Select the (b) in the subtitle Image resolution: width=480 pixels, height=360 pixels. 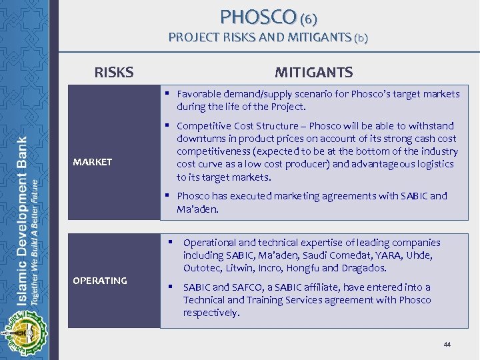click(x=360, y=38)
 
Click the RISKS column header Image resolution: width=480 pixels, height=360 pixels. click(x=114, y=72)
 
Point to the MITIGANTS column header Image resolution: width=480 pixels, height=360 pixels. click(x=314, y=72)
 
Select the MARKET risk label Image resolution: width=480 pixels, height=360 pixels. click(x=93, y=162)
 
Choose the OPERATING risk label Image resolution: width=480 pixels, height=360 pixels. click(x=99, y=281)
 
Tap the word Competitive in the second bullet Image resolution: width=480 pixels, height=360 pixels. click(x=204, y=126)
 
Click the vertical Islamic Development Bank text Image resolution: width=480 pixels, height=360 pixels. click(x=22, y=190)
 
